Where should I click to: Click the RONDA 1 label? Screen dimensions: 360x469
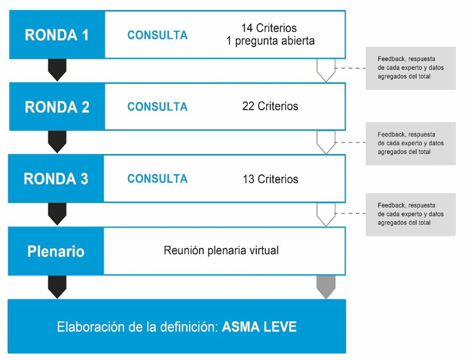pos(56,35)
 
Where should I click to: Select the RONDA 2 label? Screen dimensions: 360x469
pos(56,107)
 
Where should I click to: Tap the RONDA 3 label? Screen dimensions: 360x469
pos(56,179)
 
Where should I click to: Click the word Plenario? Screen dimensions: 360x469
pos(56,252)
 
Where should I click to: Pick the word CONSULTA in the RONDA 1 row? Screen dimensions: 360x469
pos(157,35)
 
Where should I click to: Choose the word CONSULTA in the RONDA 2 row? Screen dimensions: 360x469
pos(157,107)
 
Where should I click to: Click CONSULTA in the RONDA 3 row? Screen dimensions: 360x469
pos(157,179)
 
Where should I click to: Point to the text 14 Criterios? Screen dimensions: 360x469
pos(270,28)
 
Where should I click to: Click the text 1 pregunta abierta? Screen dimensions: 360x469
pos(270,41)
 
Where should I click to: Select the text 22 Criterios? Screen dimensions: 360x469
pos(270,106)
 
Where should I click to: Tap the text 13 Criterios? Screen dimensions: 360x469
pos(270,179)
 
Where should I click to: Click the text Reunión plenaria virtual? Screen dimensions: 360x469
pos(221,251)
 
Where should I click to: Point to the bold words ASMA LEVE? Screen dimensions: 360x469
pos(260,326)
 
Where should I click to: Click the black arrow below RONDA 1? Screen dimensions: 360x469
pos(57,69)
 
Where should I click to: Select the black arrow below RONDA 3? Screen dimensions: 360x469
pos(57,214)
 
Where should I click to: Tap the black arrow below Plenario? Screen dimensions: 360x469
pos(57,286)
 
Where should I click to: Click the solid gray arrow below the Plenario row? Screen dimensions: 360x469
pos(325,286)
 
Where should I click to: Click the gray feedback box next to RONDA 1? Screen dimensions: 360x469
pos(410,68)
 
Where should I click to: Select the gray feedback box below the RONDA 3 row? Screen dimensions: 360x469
pos(410,214)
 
